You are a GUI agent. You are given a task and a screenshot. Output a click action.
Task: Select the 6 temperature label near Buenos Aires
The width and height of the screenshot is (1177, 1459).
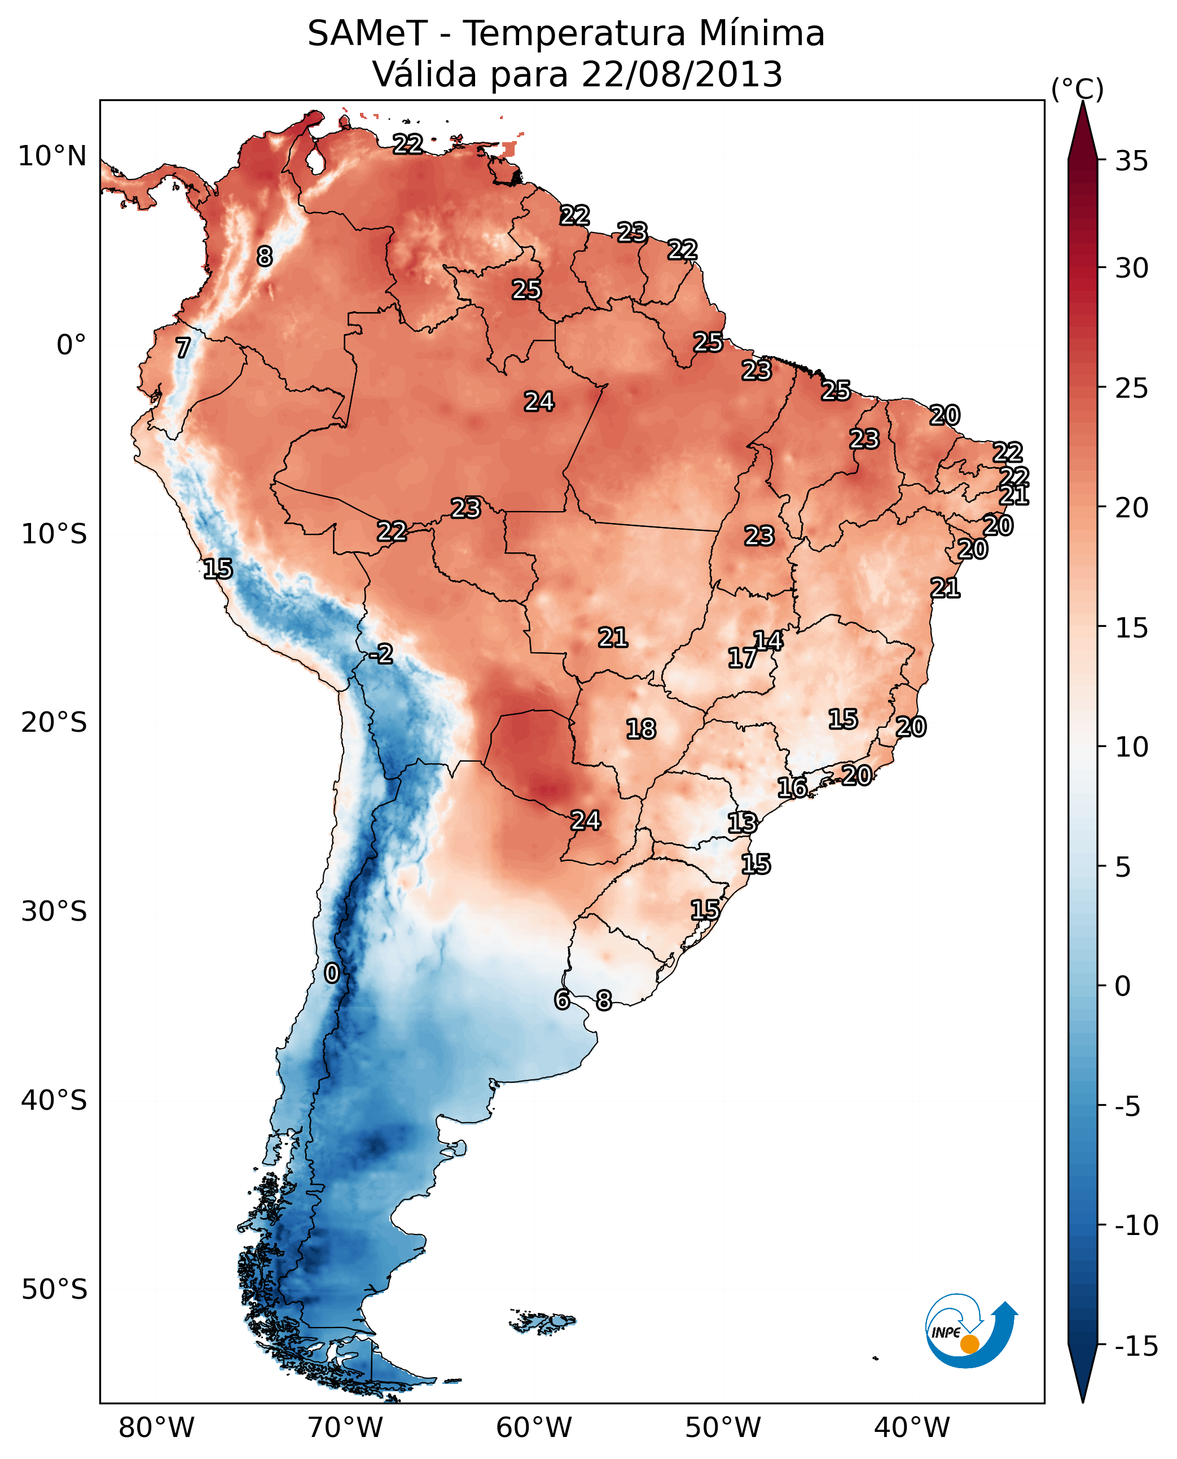[561, 999]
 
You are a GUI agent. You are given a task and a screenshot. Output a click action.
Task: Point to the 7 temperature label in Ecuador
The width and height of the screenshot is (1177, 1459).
[183, 348]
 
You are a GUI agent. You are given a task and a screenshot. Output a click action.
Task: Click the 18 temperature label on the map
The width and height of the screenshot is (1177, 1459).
[641, 729]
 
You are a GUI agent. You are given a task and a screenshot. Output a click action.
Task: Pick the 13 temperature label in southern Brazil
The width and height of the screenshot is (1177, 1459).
[742, 823]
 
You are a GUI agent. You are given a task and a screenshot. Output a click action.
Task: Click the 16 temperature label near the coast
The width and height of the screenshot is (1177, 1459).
[792, 787]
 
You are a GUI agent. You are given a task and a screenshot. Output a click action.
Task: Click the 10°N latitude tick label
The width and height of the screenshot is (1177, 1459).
[52, 157]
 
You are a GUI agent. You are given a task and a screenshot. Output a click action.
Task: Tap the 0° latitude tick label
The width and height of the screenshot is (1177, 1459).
[71, 345]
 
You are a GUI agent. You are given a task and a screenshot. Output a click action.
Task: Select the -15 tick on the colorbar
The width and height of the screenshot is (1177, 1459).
[1136, 1346]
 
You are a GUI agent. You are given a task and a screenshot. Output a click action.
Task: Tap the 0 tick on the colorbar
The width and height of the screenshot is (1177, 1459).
[1123, 986]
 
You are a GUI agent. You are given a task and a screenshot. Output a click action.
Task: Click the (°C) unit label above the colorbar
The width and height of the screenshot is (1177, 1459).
[1077, 89]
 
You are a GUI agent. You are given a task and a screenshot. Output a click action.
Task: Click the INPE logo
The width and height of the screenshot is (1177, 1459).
[970, 1331]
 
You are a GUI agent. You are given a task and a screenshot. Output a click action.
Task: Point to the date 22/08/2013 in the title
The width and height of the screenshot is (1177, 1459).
[682, 74]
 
